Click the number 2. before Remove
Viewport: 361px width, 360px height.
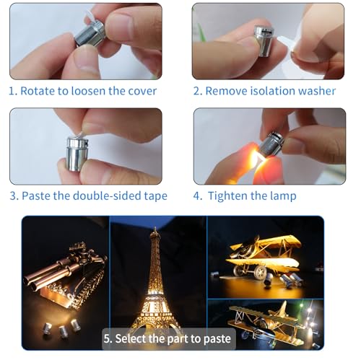pyautogui.click(x=198, y=91)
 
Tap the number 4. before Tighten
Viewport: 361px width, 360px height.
pyautogui.click(x=198, y=196)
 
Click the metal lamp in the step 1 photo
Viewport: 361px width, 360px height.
pyautogui.click(x=89, y=33)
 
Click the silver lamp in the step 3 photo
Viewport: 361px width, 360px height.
pyautogui.click(x=77, y=154)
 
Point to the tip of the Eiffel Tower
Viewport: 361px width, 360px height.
pyautogui.click(x=155, y=227)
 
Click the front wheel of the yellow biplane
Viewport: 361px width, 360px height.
pyautogui.click(x=260, y=271)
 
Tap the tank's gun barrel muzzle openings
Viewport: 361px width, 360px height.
pyautogui.click(x=31, y=284)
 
